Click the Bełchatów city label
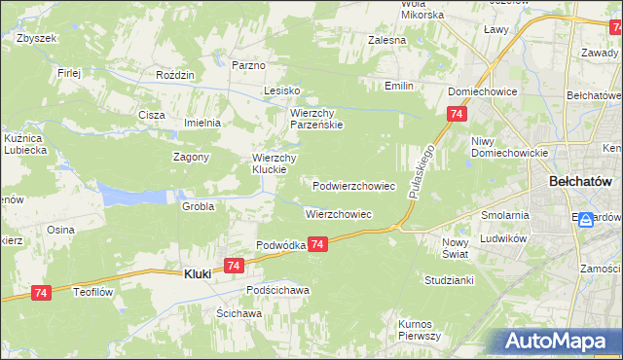pyautogui.click(x=579, y=182)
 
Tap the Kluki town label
pyautogui.click(x=199, y=275)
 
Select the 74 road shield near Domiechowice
pyautogui.click(x=456, y=115)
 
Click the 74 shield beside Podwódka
pyautogui.click(x=318, y=247)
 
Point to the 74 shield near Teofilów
pyautogui.click(x=41, y=292)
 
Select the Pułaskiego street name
pyautogui.click(x=420, y=173)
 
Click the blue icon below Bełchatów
pyautogui.click(x=586, y=220)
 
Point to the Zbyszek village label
pyautogui.click(x=38, y=38)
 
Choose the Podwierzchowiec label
pyautogui.click(x=353, y=185)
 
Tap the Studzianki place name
pyautogui.click(x=449, y=280)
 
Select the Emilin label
pyautogui.click(x=398, y=87)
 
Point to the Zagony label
pyautogui.click(x=192, y=158)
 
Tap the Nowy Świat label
pyautogui.click(x=455, y=247)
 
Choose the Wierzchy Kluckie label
pyautogui.click(x=275, y=162)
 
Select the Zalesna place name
pyautogui.click(x=386, y=41)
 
